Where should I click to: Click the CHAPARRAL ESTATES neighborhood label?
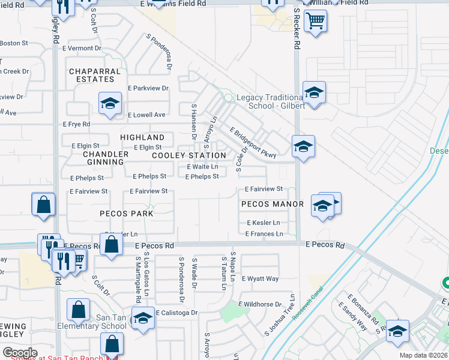click(x=92, y=75)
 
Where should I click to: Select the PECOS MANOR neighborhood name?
click(x=273, y=204)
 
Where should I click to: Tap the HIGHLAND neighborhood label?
click(x=142, y=137)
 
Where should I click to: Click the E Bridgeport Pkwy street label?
click(x=253, y=142)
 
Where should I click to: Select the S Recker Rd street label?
click(x=296, y=30)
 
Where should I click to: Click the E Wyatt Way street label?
click(x=261, y=279)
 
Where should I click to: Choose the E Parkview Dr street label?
click(x=148, y=88)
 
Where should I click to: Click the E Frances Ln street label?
click(x=264, y=234)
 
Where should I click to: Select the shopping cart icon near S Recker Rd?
click(x=315, y=21)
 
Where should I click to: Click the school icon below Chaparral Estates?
click(x=110, y=103)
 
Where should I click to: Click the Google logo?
click(x=20, y=352)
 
